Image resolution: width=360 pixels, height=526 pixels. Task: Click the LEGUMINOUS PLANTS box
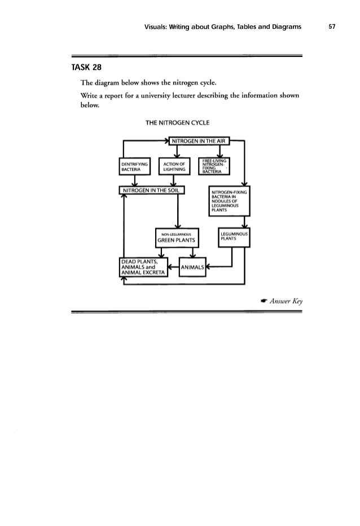point(234,236)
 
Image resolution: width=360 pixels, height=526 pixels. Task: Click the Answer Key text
point(286,300)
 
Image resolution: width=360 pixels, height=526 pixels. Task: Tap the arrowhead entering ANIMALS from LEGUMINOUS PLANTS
point(209,268)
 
